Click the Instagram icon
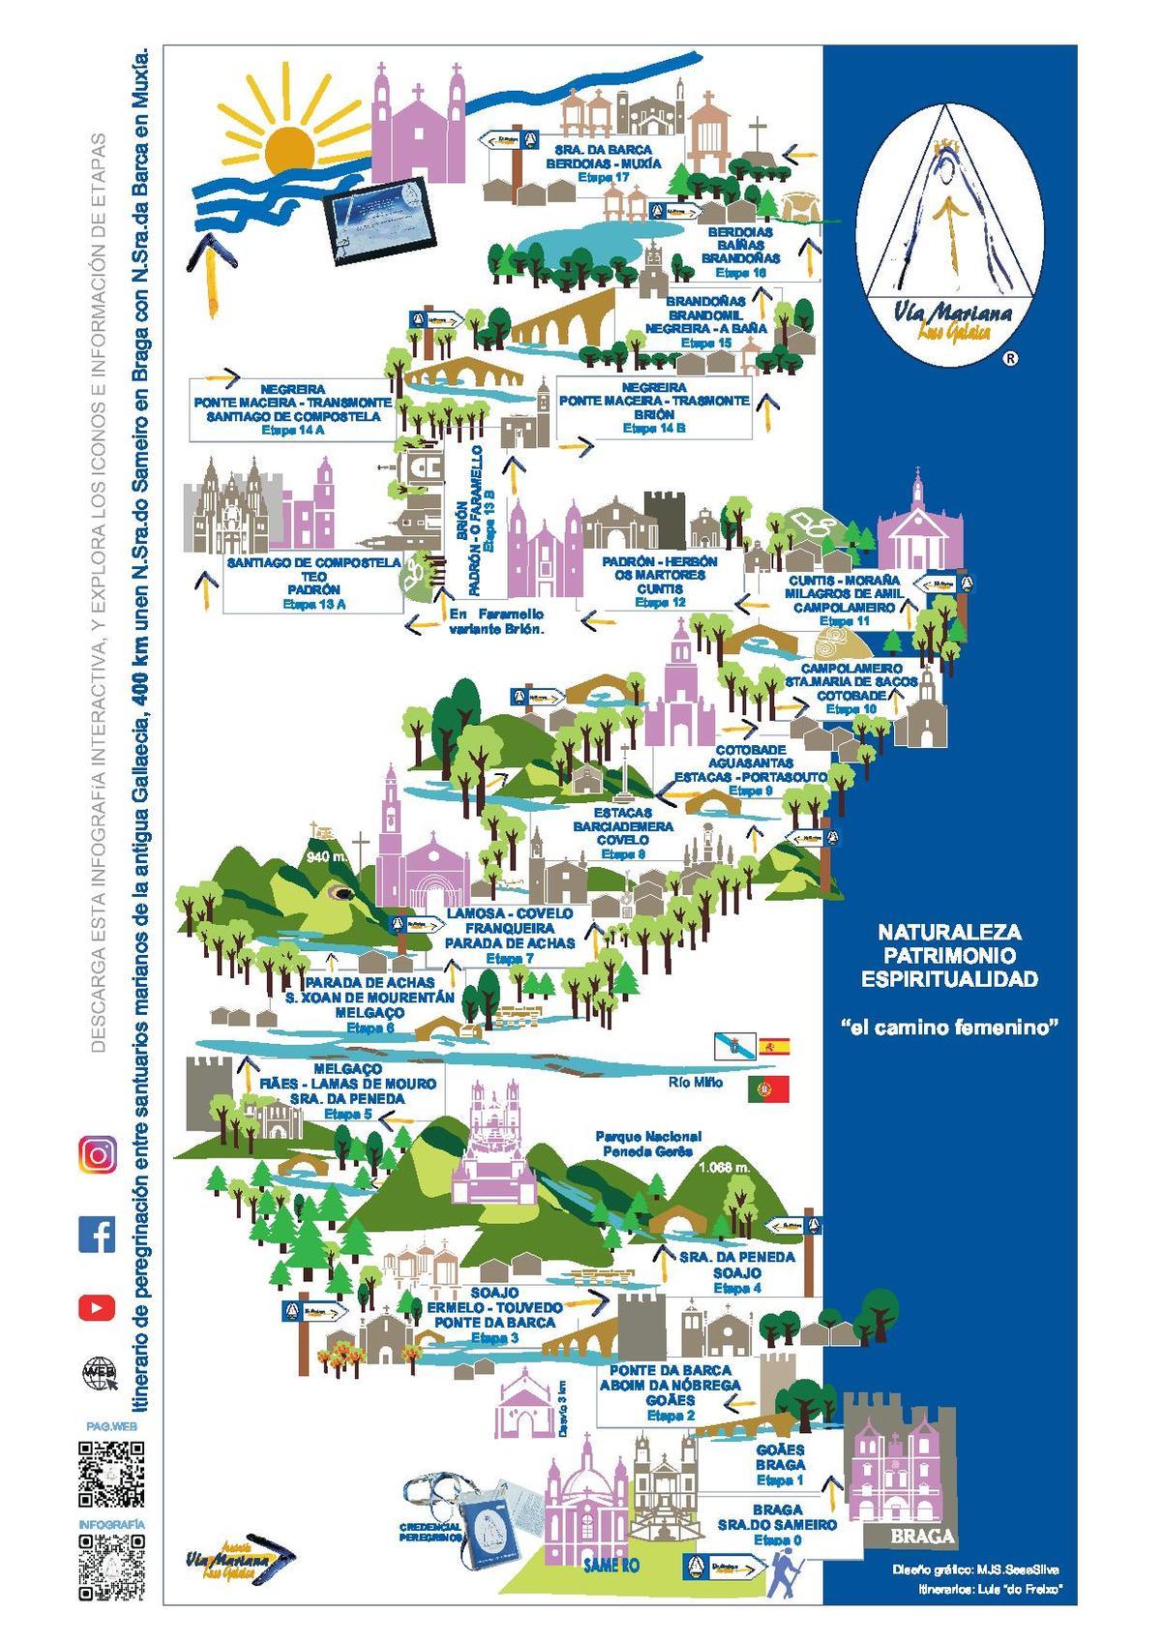click(97, 1155)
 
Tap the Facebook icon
click(97, 1235)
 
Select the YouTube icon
click(97, 1307)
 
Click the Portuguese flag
click(768, 1090)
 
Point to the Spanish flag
click(774, 1046)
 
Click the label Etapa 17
click(604, 178)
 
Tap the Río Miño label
click(695, 1082)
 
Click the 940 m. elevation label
click(327, 857)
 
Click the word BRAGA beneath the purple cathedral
click(923, 1537)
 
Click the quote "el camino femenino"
click(948, 1028)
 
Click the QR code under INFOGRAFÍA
click(111, 1568)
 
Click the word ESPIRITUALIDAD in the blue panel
click(949, 979)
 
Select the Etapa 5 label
click(347, 1114)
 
